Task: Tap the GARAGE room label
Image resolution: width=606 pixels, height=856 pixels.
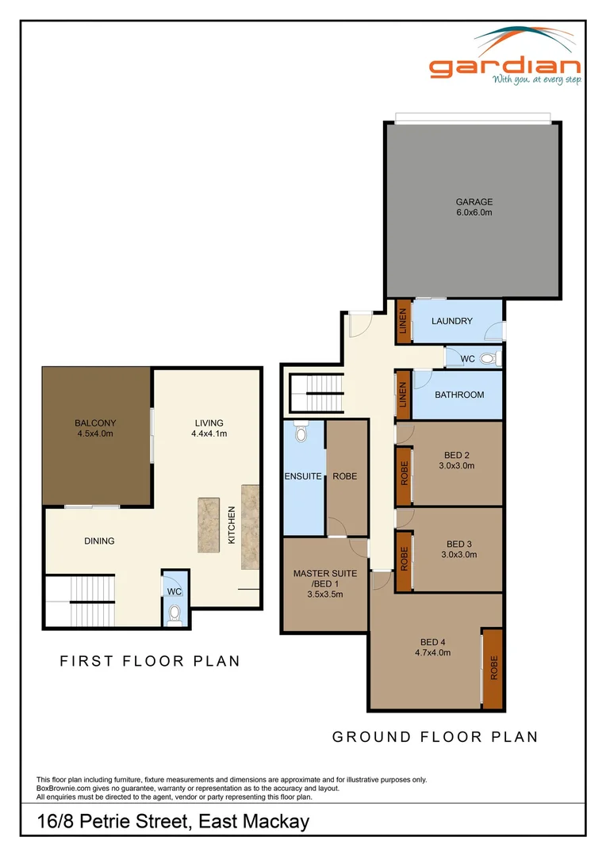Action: click(x=474, y=202)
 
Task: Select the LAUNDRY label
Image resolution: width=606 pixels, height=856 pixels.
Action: click(x=452, y=321)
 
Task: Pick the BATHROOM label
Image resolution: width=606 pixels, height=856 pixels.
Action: click(x=459, y=395)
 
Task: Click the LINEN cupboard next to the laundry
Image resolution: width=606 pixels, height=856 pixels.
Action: click(x=403, y=321)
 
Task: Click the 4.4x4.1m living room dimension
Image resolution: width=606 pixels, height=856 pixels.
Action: click(x=209, y=434)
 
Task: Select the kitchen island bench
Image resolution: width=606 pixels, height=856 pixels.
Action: click(x=209, y=525)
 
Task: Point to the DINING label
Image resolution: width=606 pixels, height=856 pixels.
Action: click(x=99, y=541)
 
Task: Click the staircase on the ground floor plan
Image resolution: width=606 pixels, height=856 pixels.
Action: click(x=316, y=392)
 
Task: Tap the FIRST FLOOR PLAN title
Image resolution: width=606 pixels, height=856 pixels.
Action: click(x=150, y=661)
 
